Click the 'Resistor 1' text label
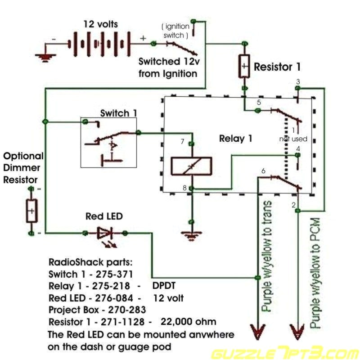(277, 67)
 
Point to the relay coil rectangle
(191, 166)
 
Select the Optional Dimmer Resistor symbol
(31, 211)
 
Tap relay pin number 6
(263, 171)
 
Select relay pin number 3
(297, 82)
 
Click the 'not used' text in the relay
(293, 139)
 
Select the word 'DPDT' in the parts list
(165, 286)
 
